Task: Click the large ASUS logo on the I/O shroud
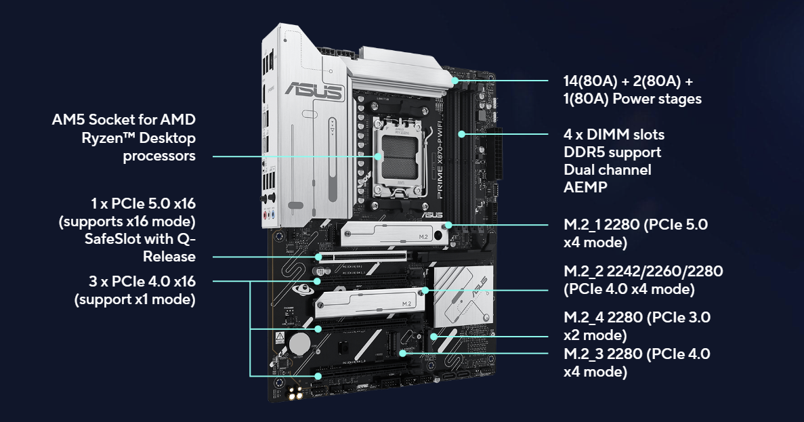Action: coord(314,91)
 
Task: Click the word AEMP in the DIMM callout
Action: coord(585,187)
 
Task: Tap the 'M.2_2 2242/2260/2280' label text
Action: coord(643,271)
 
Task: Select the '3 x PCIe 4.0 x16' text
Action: coord(142,281)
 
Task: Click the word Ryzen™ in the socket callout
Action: coord(108,138)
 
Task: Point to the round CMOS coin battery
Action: coord(299,343)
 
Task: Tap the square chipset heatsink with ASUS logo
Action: coord(463,297)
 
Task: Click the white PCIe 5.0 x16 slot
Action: coord(362,256)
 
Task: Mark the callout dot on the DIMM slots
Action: coord(461,134)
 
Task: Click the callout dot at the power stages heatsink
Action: coord(455,81)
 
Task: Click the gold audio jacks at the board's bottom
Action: coord(295,394)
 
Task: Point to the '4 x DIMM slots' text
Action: coord(614,134)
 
